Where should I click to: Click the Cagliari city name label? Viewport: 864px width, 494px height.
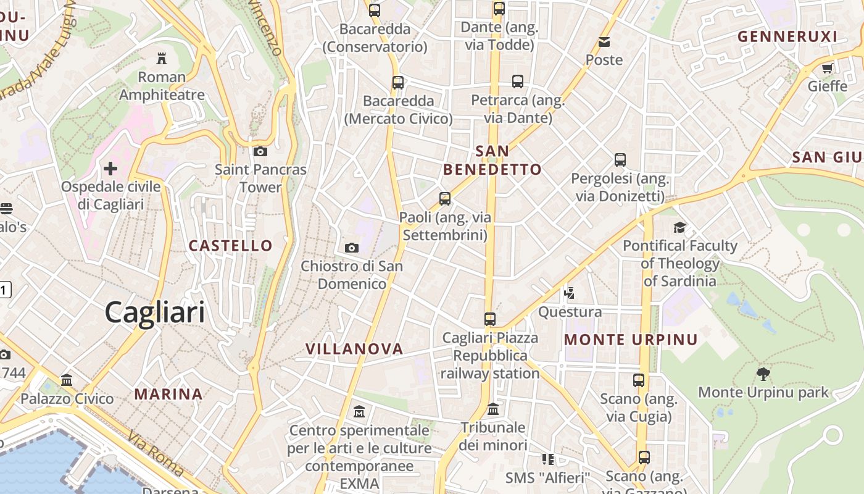coord(154,312)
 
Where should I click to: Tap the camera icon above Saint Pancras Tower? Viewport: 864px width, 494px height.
coord(260,151)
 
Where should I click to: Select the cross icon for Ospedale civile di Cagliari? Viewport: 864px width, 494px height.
coord(110,168)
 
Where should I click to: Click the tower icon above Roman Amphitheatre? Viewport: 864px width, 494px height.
coord(162,59)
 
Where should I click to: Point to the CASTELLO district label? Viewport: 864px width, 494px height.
coord(230,246)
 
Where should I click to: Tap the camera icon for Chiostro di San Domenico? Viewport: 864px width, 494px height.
coord(352,248)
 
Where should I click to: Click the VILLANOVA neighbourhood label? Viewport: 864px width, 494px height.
coord(354,349)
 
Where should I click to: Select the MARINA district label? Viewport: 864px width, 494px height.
coord(168,394)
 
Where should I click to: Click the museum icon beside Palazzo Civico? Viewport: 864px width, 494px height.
coord(67,380)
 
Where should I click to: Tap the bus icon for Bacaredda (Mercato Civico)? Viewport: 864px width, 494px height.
coord(398,82)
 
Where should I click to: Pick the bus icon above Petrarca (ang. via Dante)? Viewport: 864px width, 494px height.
coord(518,81)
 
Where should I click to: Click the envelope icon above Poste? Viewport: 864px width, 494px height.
coord(604,42)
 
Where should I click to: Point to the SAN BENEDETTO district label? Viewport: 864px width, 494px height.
coord(492,160)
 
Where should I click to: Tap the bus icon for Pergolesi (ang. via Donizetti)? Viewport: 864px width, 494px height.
coord(620,160)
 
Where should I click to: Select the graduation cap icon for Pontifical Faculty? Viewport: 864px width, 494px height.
coord(679,227)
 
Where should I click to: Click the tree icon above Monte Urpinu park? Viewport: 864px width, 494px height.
coord(763,374)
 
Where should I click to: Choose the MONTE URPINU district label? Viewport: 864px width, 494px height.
coord(631,340)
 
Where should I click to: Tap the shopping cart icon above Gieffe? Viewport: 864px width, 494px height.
coord(828,67)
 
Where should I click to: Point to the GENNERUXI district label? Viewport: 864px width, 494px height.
coord(787,36)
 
